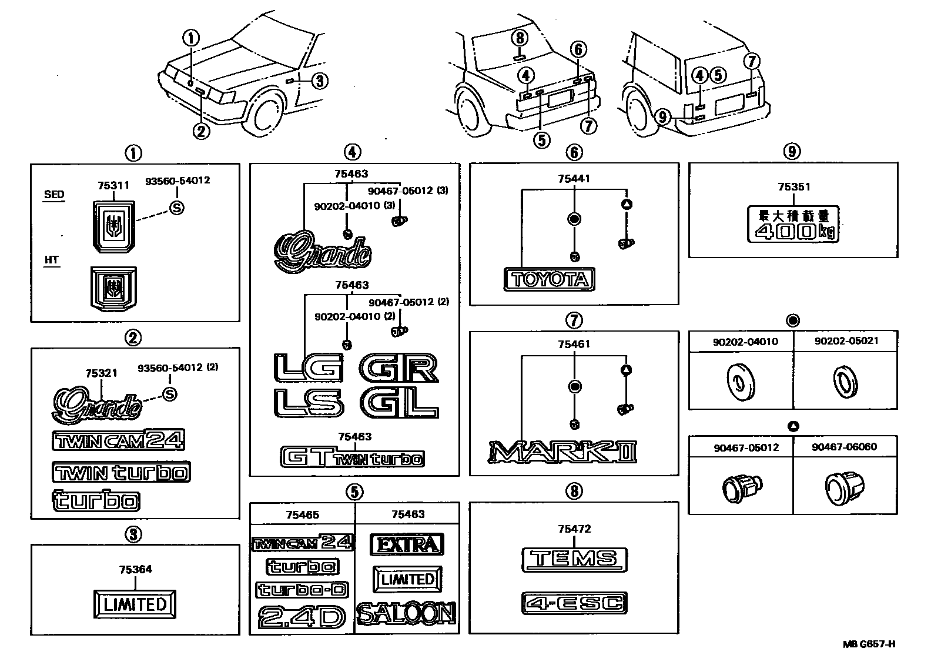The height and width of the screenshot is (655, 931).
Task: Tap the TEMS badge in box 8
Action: coord(574,559)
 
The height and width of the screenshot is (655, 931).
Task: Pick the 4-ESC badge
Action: coord(574,603)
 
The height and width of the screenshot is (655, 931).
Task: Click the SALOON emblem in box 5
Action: coord(407,614)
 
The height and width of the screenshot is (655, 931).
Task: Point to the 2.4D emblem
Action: coord(302,617)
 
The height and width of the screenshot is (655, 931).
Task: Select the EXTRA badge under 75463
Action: coord(407,544)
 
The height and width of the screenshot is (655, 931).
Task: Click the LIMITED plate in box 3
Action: coord(135,604)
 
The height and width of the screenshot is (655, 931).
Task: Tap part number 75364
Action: coord(135,569)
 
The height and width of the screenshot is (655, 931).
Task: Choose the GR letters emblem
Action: coord(399,368)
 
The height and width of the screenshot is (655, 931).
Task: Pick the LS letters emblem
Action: coord(308,404)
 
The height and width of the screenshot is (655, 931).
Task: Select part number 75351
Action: coord(793,187)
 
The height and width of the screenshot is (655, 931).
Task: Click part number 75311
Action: coord(113,185)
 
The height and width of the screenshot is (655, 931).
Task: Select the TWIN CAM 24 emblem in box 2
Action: coord(119,439)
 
